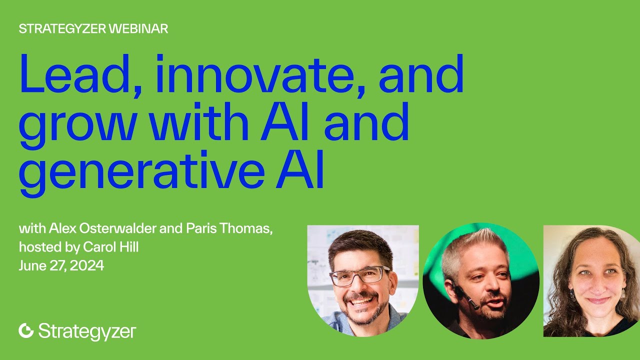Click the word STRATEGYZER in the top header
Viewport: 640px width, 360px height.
coord(62,29)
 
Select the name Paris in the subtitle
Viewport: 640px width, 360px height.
coord(200,229)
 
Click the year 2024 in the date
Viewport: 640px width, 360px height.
coord(87,265)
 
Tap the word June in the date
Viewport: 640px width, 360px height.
coord(31,265)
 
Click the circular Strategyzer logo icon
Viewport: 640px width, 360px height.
coord(26,330)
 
